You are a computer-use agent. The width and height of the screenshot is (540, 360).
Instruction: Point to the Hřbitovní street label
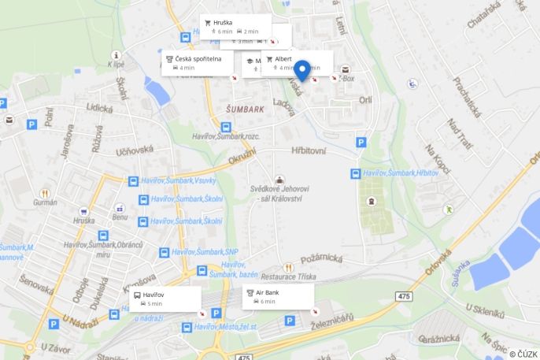click(308, 150)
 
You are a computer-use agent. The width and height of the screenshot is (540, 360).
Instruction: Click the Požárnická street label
click(320, 257)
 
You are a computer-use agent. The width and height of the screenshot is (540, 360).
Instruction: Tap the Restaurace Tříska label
click(289, 276)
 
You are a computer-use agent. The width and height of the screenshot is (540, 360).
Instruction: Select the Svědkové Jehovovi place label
click(280, 194)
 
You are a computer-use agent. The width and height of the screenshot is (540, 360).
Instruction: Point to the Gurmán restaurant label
click(45, 202)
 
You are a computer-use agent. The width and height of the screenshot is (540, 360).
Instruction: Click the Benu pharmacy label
click(120, 217)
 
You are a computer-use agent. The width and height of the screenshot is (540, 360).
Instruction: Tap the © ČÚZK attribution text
click(523, 354)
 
